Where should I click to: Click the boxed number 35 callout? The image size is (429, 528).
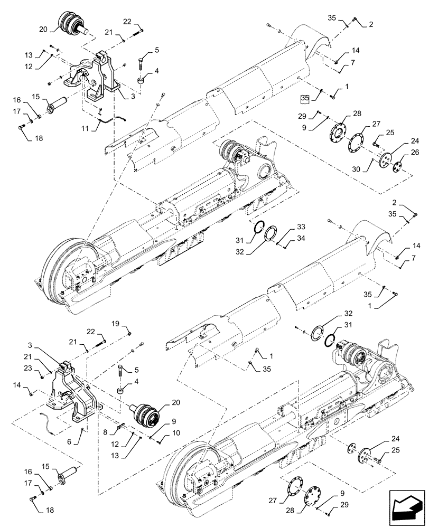point(304,99)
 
